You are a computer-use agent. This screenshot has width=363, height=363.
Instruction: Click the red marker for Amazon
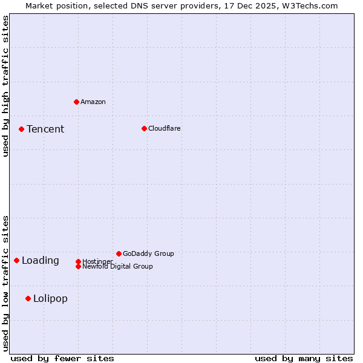(x=76, y=102)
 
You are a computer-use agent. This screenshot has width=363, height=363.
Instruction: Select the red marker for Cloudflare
(x=144, y=128)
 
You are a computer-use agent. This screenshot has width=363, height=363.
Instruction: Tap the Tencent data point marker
(x=21, y=129)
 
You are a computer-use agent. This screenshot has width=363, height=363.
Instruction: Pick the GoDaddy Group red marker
(x=119, y=253)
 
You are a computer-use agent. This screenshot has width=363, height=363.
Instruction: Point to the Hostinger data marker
(x=78, y=261)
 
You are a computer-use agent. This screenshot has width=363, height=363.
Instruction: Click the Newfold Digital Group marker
(x=78, y=266)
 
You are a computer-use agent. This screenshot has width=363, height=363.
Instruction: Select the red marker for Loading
(x=16, y=260)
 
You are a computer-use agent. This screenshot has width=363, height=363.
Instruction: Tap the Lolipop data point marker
(x=28, y=298)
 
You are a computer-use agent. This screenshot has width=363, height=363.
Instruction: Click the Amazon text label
(x=93, y=102)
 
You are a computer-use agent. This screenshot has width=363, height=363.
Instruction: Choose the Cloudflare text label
(x=165, y=128)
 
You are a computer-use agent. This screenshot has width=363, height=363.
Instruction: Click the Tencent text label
(x=45, y=129)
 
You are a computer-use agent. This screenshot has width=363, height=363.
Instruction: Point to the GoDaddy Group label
(x=148, y=253)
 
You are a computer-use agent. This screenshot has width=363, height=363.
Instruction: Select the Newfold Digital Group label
(x=118, y=267)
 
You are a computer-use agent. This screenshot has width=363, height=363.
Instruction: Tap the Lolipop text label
(x=50, y=298)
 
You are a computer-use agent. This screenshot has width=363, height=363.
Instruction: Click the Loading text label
(x=41, y=261)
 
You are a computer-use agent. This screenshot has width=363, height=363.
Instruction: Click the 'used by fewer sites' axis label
(x=62, y=358)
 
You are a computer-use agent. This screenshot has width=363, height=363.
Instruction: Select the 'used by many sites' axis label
(x=304, y=358)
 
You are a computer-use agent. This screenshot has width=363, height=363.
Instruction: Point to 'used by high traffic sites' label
(x=6, y=87)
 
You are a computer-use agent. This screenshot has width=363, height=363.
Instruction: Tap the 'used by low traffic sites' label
(x=6, y=283)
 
